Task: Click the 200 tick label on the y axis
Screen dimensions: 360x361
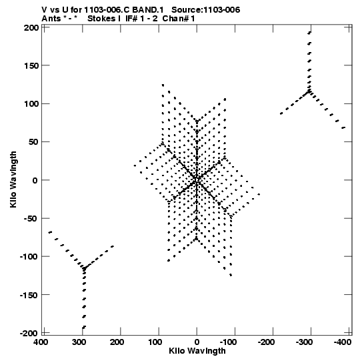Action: pyautogui.click(x=31, y=28)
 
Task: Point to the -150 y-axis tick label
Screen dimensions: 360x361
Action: pyautogui.click(x=29, y=295)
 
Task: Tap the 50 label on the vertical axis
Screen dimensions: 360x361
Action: pyautogui.click(x=33, y=142)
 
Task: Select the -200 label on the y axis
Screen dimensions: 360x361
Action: pyautogui.click(x=29, y=333)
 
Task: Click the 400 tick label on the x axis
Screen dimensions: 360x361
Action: pyautogui.click(x=41, y=342)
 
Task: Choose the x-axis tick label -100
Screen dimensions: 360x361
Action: pyautogui.click(x=228, y=342)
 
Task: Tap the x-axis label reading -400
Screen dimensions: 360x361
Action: pyautogui.click(x=343, y=342)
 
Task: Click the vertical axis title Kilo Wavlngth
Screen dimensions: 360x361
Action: pyautogui.click(x=13, y=179)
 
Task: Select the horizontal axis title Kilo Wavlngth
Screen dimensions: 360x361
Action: pyautogui.click(x=197, y=351)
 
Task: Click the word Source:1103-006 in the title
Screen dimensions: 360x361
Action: pyautogui.click(x=205, y=10)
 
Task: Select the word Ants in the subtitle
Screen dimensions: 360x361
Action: pyautogui.click(x=51, y=19)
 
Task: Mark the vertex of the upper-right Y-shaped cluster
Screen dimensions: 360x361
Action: pyautogui.click(x=309, y=91)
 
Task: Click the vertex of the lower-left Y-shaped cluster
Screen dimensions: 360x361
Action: pyautogui.click(x=84, y=268)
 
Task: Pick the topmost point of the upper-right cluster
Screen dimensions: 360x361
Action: pyautogui.click(x=309, y=33)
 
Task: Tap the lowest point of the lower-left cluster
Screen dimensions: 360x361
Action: pyautogui.click(x=84, y=327)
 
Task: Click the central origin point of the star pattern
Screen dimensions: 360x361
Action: pyautogui.click(x=197, y=179)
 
